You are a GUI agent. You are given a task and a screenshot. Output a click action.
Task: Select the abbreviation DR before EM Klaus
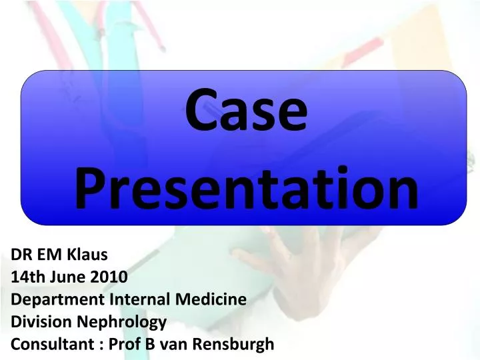pyautogui.click(x=22, y=254)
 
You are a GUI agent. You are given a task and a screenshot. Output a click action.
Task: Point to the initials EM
pyautogui.click(x=51, y=254)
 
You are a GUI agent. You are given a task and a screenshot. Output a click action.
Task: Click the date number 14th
pyautogui.click(x=28, y=277)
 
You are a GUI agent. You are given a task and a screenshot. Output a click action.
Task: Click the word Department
pyautogui.click(x=50, y=299)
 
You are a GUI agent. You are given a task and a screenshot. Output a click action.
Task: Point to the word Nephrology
pyautogui.click(x=118, y=323)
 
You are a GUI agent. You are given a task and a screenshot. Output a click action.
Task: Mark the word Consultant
pyautogui.click(x=47, y=345)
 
